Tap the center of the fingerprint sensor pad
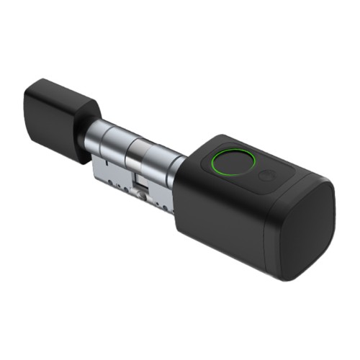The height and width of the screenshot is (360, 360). click(229, 163)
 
